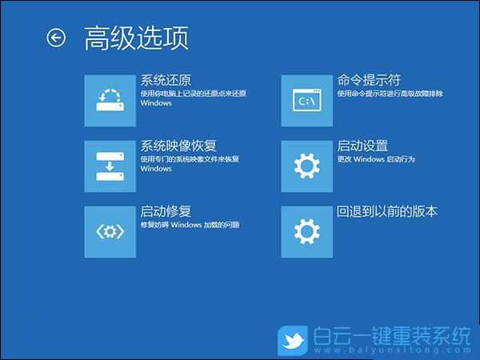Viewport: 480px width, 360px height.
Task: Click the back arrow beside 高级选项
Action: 56,38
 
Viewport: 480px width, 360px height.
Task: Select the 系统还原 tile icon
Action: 110,100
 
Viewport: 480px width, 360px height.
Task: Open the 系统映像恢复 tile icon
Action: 110,166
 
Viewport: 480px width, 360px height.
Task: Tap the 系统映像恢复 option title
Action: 178,146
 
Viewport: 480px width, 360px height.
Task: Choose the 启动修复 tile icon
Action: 110,231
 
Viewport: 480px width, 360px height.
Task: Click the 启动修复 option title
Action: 166,211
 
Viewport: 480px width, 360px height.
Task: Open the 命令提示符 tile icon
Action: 308,100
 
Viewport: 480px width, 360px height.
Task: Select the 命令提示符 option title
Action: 369,80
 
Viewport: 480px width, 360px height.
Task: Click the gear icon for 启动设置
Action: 308,166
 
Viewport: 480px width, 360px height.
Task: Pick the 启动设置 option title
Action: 362,146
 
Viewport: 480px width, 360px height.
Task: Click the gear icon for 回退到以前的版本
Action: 308,231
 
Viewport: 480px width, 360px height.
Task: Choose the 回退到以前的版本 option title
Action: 387,211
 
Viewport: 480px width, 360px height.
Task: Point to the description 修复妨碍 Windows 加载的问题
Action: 190,225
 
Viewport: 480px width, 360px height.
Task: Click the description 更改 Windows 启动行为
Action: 376,159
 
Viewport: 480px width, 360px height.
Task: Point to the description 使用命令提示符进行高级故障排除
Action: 390,94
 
